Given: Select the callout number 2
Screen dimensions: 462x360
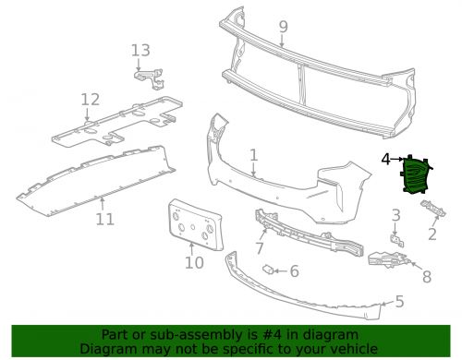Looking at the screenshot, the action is (432, 234).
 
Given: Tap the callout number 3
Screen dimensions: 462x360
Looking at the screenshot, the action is (395, 215).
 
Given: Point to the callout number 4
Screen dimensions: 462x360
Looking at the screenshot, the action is (385, 160).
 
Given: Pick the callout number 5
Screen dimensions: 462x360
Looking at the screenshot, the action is (398, 301).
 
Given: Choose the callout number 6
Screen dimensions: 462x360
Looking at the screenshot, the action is (294, 271).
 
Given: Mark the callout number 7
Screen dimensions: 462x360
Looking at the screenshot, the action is (260, 247).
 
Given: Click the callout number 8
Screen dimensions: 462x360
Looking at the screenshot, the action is (426, 275).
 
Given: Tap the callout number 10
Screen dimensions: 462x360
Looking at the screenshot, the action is (193, 263).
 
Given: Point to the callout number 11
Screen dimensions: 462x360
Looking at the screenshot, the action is (104, 219).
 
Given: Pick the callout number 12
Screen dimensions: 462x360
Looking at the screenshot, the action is (90, 99).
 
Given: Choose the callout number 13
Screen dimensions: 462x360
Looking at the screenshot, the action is (140, 50).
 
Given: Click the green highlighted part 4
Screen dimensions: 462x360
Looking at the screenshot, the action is (414, 175).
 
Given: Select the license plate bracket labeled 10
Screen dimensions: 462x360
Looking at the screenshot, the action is (191, 226).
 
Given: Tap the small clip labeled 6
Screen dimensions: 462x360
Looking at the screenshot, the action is (268, 270).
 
